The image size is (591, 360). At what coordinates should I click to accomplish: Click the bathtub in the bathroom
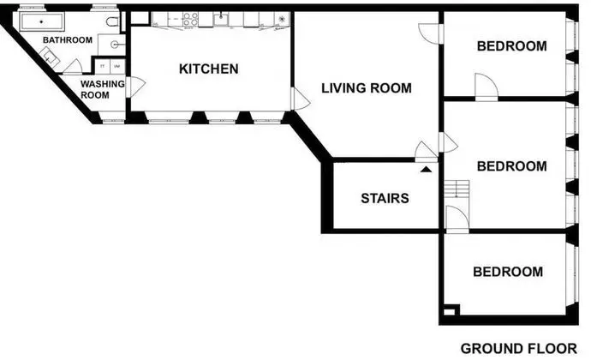pos(42,21)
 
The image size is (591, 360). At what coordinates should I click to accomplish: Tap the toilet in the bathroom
pos(112,22)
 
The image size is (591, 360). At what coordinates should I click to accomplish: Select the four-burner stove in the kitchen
pos(191,19)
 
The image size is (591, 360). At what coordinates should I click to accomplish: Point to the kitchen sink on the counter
pos(221,19)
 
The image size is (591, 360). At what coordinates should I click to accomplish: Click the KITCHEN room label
pos(208,69)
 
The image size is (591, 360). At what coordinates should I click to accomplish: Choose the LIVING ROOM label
pos(367,88)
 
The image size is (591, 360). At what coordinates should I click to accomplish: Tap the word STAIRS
pos(385,199)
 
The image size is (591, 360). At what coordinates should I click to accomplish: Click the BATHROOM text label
pos(68,40)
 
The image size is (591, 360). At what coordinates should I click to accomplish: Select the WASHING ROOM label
pos(102,89)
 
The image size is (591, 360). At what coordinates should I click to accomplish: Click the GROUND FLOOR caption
pos(519,349)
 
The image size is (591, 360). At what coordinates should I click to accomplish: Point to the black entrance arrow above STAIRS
pos(426,170)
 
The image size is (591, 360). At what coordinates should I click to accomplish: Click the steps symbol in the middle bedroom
pos(457,189)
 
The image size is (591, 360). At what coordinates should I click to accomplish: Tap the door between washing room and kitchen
pos(135,87)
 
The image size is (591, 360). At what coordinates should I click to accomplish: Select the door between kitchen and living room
pos(300,99)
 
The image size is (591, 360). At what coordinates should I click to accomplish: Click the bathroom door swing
pos(73,66)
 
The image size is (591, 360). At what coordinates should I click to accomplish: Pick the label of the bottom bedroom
pos(508,272)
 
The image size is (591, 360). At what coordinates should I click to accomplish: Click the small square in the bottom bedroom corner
pos(450,312)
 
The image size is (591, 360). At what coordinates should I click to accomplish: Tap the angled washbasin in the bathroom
pos(50,57)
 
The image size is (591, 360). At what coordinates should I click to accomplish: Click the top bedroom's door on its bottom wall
pos(487,87)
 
